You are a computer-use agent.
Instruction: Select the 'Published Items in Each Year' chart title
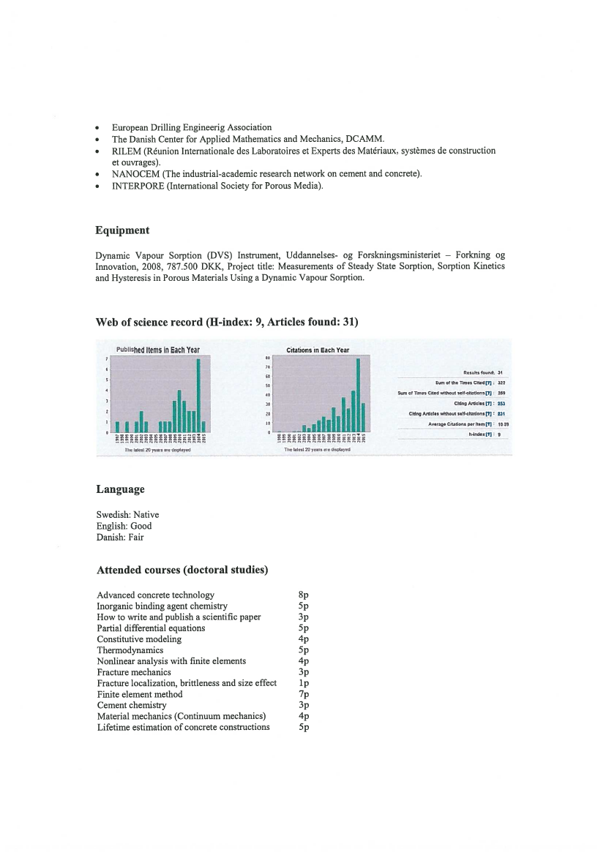pyautogui.click(x=158, y=350)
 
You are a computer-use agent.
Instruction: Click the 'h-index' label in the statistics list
pyautogui.click(x=480, y=433)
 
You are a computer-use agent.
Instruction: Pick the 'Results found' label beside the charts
pyautogui.click(x=479, y=372)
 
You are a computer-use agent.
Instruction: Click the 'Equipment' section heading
pyautogui.click(x=122, y=230)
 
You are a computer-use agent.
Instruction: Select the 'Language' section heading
pyautogui.click(x=120, y=489)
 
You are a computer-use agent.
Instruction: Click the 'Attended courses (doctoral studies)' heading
pyautogui.click(x=187, y=569)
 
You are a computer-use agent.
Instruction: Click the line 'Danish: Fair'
pyautogui.click(x=120, y=537)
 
